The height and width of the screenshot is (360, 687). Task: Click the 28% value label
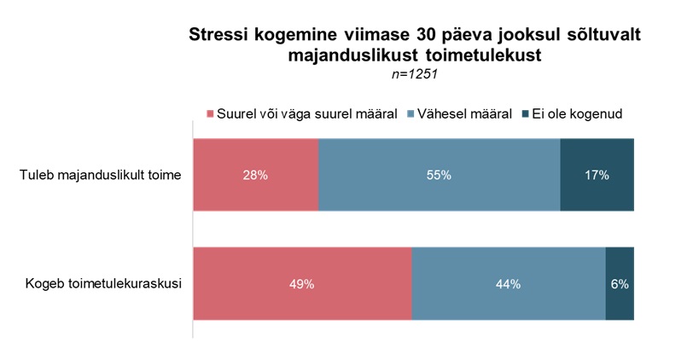click(x=256, y=175)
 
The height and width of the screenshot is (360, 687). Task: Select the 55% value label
click(x=440, y=175)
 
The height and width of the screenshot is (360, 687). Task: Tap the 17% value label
click(x=597, y=175)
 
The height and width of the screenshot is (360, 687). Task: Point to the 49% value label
click(x=302, y=284)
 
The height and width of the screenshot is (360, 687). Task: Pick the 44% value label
click(x=509, y=284)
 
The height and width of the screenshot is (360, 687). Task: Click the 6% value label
click(x=620, y=284)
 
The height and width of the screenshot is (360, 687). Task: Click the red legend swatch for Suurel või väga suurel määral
click(x=210, y=113)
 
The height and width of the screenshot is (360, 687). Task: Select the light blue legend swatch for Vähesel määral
click(x=410, y=113)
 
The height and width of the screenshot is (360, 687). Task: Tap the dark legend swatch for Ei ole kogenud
click(x=524, y=113)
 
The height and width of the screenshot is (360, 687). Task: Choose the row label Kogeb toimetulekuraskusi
click(x=102, y=284)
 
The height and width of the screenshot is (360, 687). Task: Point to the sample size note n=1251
click(x=414, y=75)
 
